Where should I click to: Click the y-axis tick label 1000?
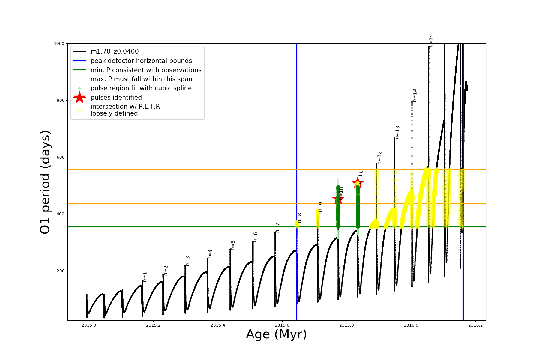pyautogui.click(x=59, y=43)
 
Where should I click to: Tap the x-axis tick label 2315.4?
pyautogui.click(x=218, y=325)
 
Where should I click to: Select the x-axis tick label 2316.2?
pyautogui.click(x=475, y=325)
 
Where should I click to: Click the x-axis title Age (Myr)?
pyautogui.click(x=276, y=334)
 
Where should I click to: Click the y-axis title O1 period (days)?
pyautogui.click(x=45, y=182)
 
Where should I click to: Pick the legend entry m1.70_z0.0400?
pyautogui.click(x=115, y=52)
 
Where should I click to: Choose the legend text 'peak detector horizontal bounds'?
pyautogui.click(x=141, y=61)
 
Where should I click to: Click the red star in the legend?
pyautogui.click(x=79, y=97)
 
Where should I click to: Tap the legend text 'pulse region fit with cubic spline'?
pyautogui.click(x=141, y=88)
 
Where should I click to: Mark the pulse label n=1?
pyautogui.click(x=145, y=277)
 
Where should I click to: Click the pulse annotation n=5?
pyautogui.click(x=233, y=245)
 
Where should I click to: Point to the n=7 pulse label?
pyautogui.click(x=278, y=228)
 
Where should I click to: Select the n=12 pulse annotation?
pyautogui.click(x=379, y=158)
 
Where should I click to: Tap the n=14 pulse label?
pyautogui.click(x=415, y=95)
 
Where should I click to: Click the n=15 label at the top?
pyautogui.click(x=431, y=41)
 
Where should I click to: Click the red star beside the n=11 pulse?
pyautogui.click(x=358, y=183)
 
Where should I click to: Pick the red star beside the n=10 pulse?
pyautogui.click(x=338, y=198)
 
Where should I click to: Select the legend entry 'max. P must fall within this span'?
pyautogui.click(x=141, y=79)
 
